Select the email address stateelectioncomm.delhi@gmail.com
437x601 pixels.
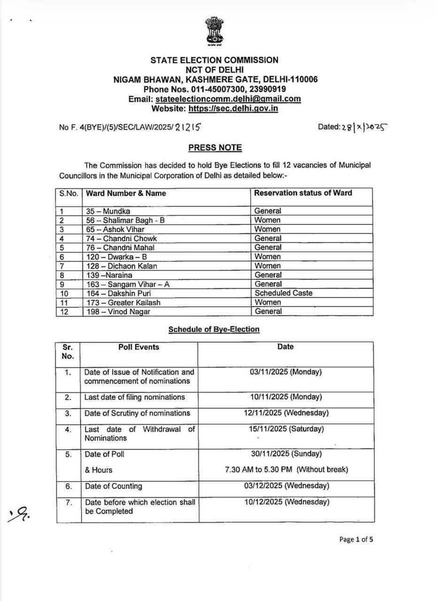228,99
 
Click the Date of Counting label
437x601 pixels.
114,486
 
